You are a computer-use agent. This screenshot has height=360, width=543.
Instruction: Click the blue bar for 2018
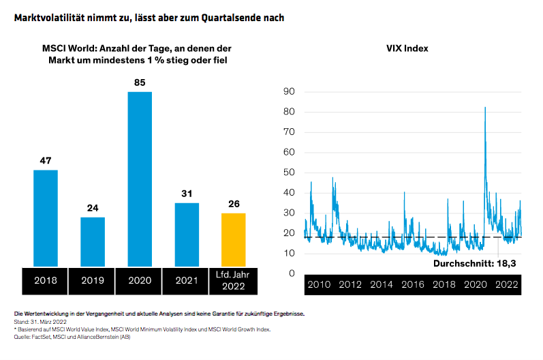click(46, 218)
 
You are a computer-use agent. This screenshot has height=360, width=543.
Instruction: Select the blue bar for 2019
click(93, 241)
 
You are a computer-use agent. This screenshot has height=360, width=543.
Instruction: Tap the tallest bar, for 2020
click(140, 179)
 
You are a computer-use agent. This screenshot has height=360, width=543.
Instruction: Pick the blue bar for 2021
click(187, 234)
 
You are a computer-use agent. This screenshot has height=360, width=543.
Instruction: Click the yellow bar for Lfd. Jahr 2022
click(233, 239)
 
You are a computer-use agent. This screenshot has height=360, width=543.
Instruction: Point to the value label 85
click(140, 82)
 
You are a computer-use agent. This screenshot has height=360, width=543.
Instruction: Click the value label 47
click(46, 161)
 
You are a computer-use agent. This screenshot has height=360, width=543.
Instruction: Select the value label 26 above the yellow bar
click(234, 204)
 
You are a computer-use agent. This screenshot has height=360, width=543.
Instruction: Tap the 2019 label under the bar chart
click(93, 280)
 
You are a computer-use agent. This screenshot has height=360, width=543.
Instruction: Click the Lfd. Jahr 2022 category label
click(234, 280)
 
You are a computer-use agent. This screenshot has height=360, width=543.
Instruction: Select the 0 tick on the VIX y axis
click(290, 273)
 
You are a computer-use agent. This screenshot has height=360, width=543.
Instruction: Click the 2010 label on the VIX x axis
click(319, 284)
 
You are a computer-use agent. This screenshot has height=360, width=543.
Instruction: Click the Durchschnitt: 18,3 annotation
click(474, 262)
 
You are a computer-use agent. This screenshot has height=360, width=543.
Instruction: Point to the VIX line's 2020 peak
click(485, 108)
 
